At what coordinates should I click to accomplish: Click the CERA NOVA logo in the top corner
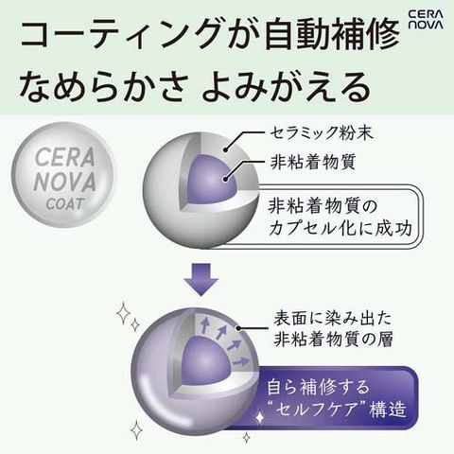pyautogui.click(x=426, y=20)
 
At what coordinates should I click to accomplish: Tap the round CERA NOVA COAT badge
pyautogui.click(x=65, y=175)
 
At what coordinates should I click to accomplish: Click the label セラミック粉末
pyautogui.click(x=322, y=133)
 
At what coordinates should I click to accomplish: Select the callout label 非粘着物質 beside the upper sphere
pyautogui.click(x=313, y=162)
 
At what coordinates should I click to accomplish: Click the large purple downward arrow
pyautogui.click(x=201, y=278)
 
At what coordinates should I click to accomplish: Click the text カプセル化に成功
pyautogui.click(x=340, y=228)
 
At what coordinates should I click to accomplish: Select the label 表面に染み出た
pyautogui.click(x=332, y=319)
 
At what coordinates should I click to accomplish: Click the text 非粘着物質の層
pyautogui.click(x=333, y=340)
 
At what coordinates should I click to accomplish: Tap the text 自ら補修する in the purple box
pyautogui.click(x=318, y=387)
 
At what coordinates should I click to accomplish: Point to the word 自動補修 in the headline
pyautogui.click(x=332, y=34)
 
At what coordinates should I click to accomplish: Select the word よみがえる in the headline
pyautogui.click(x=286, y=86)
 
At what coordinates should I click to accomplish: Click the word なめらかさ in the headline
pyautogui.click(x=101, y=86)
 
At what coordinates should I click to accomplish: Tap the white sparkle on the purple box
pyautogui.click(x=260, y=418)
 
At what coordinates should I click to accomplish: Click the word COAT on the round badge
pyautogui.click(x=65, y=204)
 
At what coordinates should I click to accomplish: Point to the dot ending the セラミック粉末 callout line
pyautogui.click(x=226, y=150)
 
